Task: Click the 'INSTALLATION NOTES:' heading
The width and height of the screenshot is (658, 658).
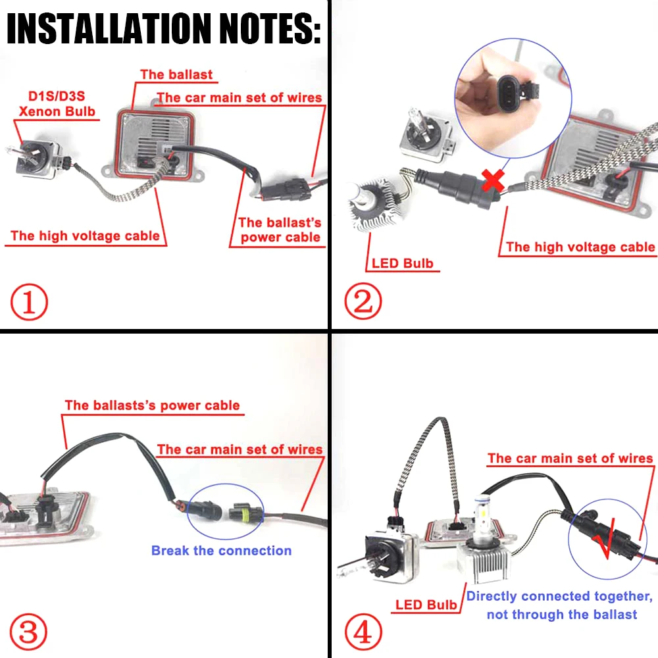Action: [164, 29]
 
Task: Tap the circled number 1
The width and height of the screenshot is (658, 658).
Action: [29, 303]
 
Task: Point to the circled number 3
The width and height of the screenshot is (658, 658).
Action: [29, 632]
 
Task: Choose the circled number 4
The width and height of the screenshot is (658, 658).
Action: [363, 632]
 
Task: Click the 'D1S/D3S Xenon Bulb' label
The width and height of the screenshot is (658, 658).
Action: [56, 104]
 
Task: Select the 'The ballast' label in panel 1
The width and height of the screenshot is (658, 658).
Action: [176, 74]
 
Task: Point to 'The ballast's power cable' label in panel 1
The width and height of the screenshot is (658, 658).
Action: [280, 230]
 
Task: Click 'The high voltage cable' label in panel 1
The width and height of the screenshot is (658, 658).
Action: [85, 236]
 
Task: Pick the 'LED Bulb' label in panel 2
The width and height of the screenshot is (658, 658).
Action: [402, 264]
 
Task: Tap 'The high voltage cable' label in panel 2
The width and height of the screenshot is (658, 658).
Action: [580, 247]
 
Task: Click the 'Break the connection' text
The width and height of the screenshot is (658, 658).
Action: [221, 550]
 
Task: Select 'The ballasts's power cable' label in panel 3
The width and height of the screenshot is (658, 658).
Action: [152, 405]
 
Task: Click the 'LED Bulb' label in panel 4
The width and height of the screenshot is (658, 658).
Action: [426, 605]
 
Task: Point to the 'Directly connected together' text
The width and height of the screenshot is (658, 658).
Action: [560, 596]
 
